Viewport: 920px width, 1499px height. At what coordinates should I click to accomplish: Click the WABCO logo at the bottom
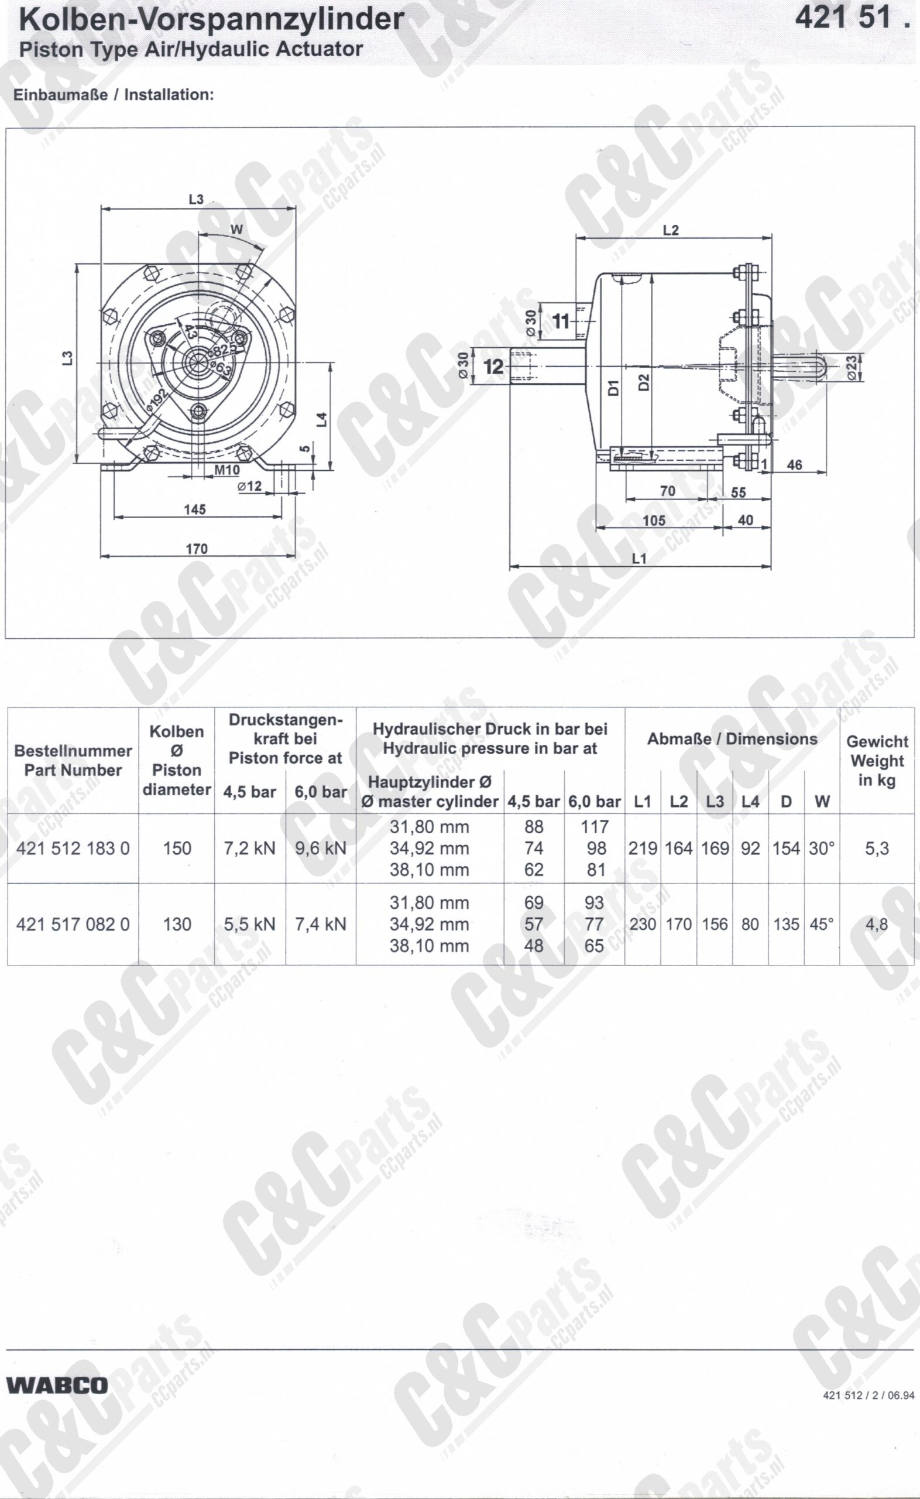pos(57,1386)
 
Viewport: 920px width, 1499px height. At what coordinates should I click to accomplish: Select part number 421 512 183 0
pos(73,848)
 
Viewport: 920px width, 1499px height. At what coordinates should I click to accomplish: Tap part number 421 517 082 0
pos(73,925)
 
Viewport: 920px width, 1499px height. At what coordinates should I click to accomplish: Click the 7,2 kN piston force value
pos(249,848)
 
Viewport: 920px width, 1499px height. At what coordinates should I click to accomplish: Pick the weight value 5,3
pos(877,848)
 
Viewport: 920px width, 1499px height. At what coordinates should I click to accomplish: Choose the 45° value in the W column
pos(822,925)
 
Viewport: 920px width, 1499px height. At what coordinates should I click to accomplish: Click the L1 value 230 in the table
pos(643,925)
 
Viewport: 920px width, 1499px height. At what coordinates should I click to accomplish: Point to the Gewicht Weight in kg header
pos(877,761)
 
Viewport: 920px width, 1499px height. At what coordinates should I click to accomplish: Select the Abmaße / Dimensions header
pos(732,740)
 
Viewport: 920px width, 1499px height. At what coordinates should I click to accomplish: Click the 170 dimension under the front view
pos(197,549)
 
